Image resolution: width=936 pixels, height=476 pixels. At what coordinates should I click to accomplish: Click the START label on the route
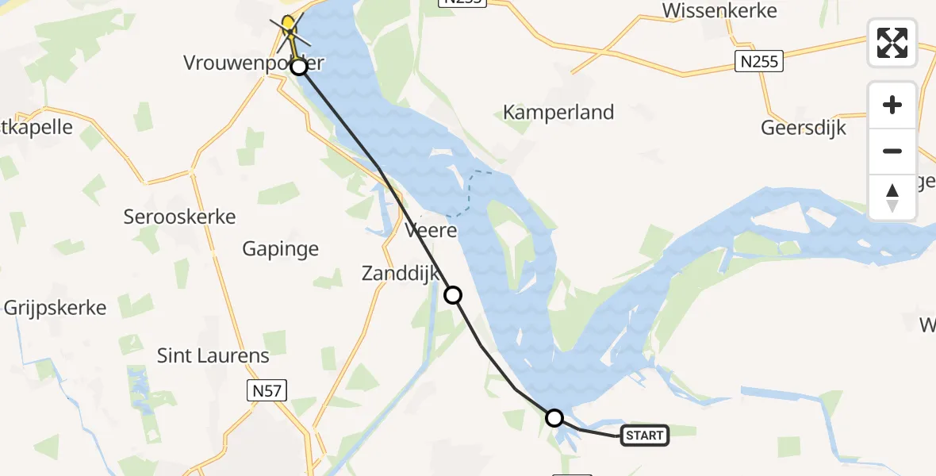pyautogui.click(x=644, y=435)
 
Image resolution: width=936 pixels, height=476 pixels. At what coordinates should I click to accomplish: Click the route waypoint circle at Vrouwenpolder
pyautogui.click(x=298, y=67)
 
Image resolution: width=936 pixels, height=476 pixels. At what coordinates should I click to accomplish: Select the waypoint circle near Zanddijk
pyautogui.click(x=452, y=295)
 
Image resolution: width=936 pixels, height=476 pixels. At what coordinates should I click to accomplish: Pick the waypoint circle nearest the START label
pyautogui.click(x=554, y=417)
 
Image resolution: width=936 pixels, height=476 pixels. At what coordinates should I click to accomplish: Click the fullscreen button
pyautogui.click(x=892, y=43)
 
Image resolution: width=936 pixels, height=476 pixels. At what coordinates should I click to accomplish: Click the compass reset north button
pyautogui.click(x=892, y=198)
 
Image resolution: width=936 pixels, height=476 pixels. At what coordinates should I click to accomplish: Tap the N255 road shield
pyautogui.click(x=759, y=61)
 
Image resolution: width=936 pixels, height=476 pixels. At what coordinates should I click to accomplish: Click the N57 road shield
pyautogui.click(x=266, y=390)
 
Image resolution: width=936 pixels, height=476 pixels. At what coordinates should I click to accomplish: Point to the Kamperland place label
pyautogui.click(x=558, y=113)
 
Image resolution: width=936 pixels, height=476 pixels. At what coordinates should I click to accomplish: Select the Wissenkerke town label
pyautogui.click(x=719, y=10)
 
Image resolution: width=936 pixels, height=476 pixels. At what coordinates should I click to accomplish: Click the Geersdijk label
pyautogui.click(x=804, y=128)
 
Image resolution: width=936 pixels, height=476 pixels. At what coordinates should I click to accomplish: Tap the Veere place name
pyautogui.click(x=431, y=231)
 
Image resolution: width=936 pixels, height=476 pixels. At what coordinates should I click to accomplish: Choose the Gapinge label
pyautogui.click(x=281, y=249)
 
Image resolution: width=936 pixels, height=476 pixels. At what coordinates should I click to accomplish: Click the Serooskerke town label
pyautogui.click(x=180, y=217)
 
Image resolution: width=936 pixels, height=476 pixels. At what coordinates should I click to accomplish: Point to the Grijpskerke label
pyautogui.click(x=56, y=308)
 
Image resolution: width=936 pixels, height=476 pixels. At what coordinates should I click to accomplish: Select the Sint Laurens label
pyautogui.click(x=213, y=355)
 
